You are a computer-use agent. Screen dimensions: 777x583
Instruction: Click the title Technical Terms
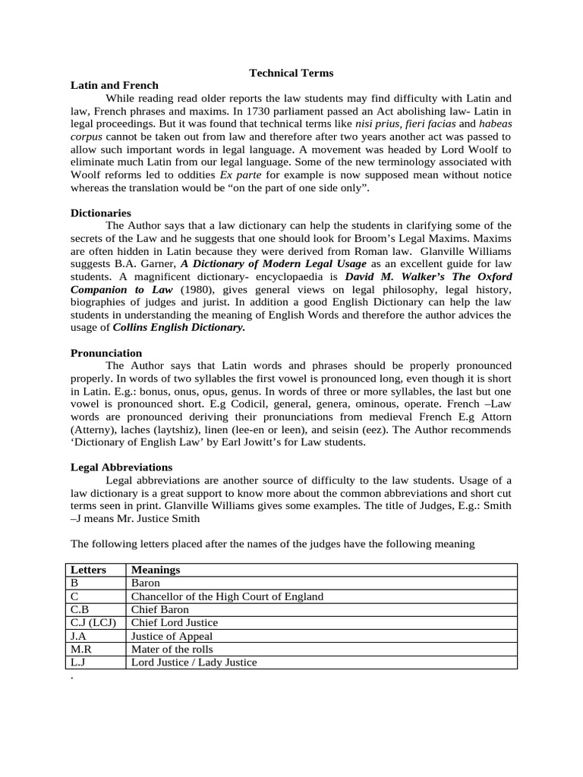point(291,73)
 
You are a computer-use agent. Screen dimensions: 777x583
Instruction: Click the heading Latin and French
point(115,86)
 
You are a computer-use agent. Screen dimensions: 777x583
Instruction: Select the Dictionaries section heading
point(101,213)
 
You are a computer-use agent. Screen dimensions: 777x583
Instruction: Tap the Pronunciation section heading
point(106,353)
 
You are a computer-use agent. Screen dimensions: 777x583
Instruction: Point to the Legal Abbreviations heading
point(121,467)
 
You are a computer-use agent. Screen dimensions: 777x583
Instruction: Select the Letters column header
point(88,569)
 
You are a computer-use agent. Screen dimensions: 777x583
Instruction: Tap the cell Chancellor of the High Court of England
point(227,596)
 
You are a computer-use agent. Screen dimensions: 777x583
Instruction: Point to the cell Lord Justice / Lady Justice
point(194,662)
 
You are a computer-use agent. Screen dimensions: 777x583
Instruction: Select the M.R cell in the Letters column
point(82,650)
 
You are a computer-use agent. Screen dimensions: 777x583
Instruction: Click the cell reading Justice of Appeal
point(172,636)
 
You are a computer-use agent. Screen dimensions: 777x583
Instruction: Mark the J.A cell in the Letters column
point(80,636)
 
